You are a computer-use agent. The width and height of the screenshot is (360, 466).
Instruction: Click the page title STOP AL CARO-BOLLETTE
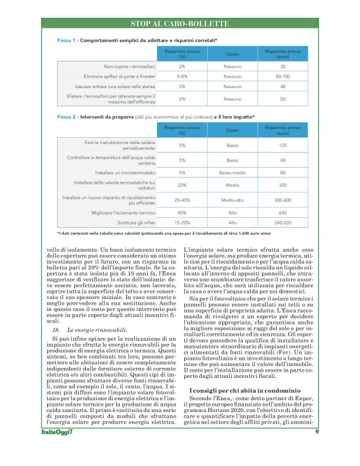(179, 24)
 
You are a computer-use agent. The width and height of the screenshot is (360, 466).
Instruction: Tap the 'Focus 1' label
(66, 40)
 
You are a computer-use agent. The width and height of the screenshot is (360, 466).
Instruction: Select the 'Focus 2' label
(66, 116)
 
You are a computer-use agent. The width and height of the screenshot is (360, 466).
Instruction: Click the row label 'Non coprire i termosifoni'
(130, 66)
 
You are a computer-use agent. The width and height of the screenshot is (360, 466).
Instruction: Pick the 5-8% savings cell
(182, 76)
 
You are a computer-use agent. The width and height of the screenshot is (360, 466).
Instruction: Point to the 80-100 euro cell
(282, 76)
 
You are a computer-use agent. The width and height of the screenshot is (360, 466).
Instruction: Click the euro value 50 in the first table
(282, 99)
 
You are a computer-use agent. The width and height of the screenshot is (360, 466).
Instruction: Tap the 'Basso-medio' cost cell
(232, 172)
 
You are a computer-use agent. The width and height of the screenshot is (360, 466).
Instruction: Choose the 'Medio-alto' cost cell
(232, 200)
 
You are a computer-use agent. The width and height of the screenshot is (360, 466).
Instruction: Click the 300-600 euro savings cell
(282, 200)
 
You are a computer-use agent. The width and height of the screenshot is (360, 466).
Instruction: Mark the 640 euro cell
(282, 212)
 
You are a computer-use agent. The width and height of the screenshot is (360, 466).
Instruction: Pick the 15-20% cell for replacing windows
(182, 222)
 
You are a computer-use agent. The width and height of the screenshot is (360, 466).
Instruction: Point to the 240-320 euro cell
(282, 222)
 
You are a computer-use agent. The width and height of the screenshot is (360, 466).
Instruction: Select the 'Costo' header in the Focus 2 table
(232, 130)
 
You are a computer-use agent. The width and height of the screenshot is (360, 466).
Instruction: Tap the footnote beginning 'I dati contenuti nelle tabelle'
(164, 233)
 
